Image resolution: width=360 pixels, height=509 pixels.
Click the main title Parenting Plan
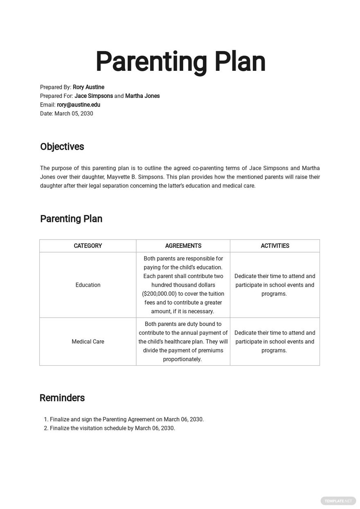(180, 62)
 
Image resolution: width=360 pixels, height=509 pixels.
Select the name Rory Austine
(88, 87)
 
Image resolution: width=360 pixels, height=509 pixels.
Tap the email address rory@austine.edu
(79, 105)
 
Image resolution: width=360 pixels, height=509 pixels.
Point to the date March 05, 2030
(74, 113)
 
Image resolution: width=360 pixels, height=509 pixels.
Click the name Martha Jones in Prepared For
(142, 96)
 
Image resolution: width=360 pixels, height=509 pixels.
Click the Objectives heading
(62, 147)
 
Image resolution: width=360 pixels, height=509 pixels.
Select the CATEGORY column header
(88, 246)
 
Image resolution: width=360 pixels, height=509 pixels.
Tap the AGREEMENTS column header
(183, 246)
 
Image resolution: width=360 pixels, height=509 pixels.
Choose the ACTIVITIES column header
(275, 246)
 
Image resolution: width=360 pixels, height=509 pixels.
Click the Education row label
(88, 285)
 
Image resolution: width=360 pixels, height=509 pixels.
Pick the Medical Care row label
(88, 342)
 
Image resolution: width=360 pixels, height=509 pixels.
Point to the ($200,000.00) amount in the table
(159, 294)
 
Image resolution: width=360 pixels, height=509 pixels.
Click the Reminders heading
(62, 398)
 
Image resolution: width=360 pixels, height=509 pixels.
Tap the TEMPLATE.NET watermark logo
(338, 500)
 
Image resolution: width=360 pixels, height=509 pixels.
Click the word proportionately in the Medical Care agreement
(182, 359)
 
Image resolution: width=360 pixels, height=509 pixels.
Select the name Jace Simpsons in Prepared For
(94, 96)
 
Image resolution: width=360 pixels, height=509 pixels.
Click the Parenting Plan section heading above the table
(71, 219)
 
